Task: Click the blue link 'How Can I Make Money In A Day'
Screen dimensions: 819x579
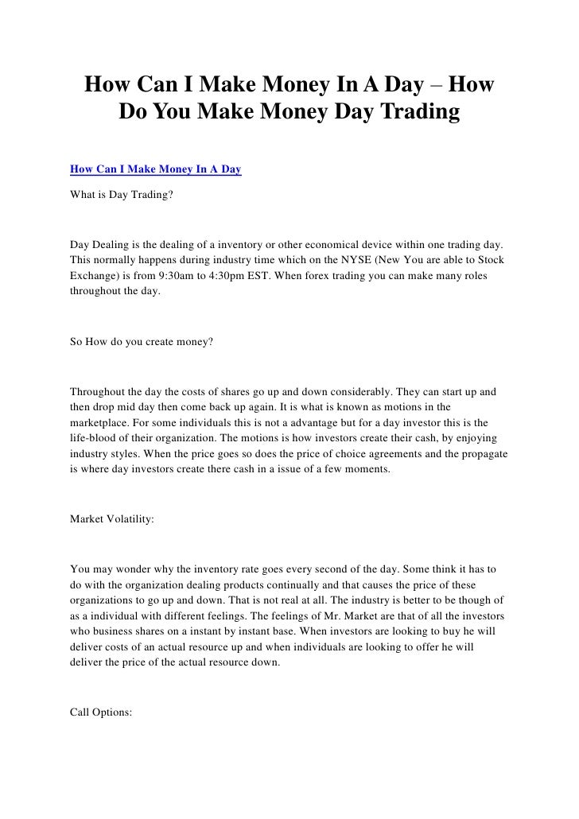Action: click(156, 169)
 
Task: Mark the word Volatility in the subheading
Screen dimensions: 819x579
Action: click(130, 519)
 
